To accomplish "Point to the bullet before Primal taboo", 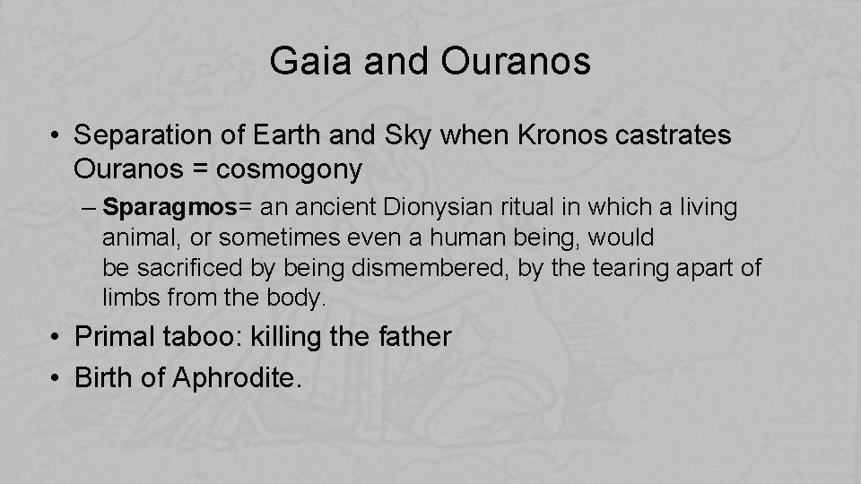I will (x=57, y=338).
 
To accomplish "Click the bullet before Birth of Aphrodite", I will (x=57, y=378).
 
